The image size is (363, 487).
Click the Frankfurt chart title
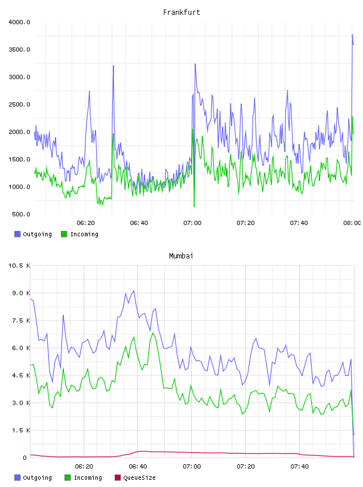pyautogui.click(x=181, y=13)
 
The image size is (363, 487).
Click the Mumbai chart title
pyautogui.click(x=181, y=255)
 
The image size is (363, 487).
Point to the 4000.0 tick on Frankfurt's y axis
pyautogui.click(x=19, y=22)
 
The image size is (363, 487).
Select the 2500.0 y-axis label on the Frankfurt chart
pyautogui.click(x=19, y=104)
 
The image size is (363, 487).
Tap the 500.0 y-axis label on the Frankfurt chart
pyautogui.click(x=21, y=214)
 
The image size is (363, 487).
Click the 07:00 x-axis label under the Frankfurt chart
pyautogui.click(x=192, y=223)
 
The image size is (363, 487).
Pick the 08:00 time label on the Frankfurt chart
pyautogui.click(x=352, y=223)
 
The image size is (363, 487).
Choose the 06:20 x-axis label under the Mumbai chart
pyautogui.click(x=84, y=466)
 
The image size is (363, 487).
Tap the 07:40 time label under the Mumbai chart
pyautogui.click(x=300, y=466)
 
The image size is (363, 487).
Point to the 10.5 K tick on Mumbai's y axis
pyautogui.click(x=19, y=266)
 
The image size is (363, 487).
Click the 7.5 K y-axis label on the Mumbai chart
pyautogui.click(x=21, y=320)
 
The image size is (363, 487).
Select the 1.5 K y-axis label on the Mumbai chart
pyautogui.click(x=21, y=430)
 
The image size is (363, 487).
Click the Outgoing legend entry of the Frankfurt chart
pyautogui.click(x=33, y=234)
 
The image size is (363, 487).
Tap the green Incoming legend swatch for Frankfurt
pyautogui.click(x=64, y=234)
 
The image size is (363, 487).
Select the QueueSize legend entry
pyautogui.click(x=135, y=477)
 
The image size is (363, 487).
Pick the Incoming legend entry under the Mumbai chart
pyautogui.click(x=84, y=477)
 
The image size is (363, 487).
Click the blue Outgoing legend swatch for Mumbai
pyautogui.click(x=17, y=477)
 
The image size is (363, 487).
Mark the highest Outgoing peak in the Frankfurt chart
pyautogui.click(x=352, y=35)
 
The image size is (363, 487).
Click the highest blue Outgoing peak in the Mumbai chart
pyautogui.click(x=134, y=291)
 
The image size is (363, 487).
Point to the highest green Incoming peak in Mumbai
pyautogui.click(x=153, y=333)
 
